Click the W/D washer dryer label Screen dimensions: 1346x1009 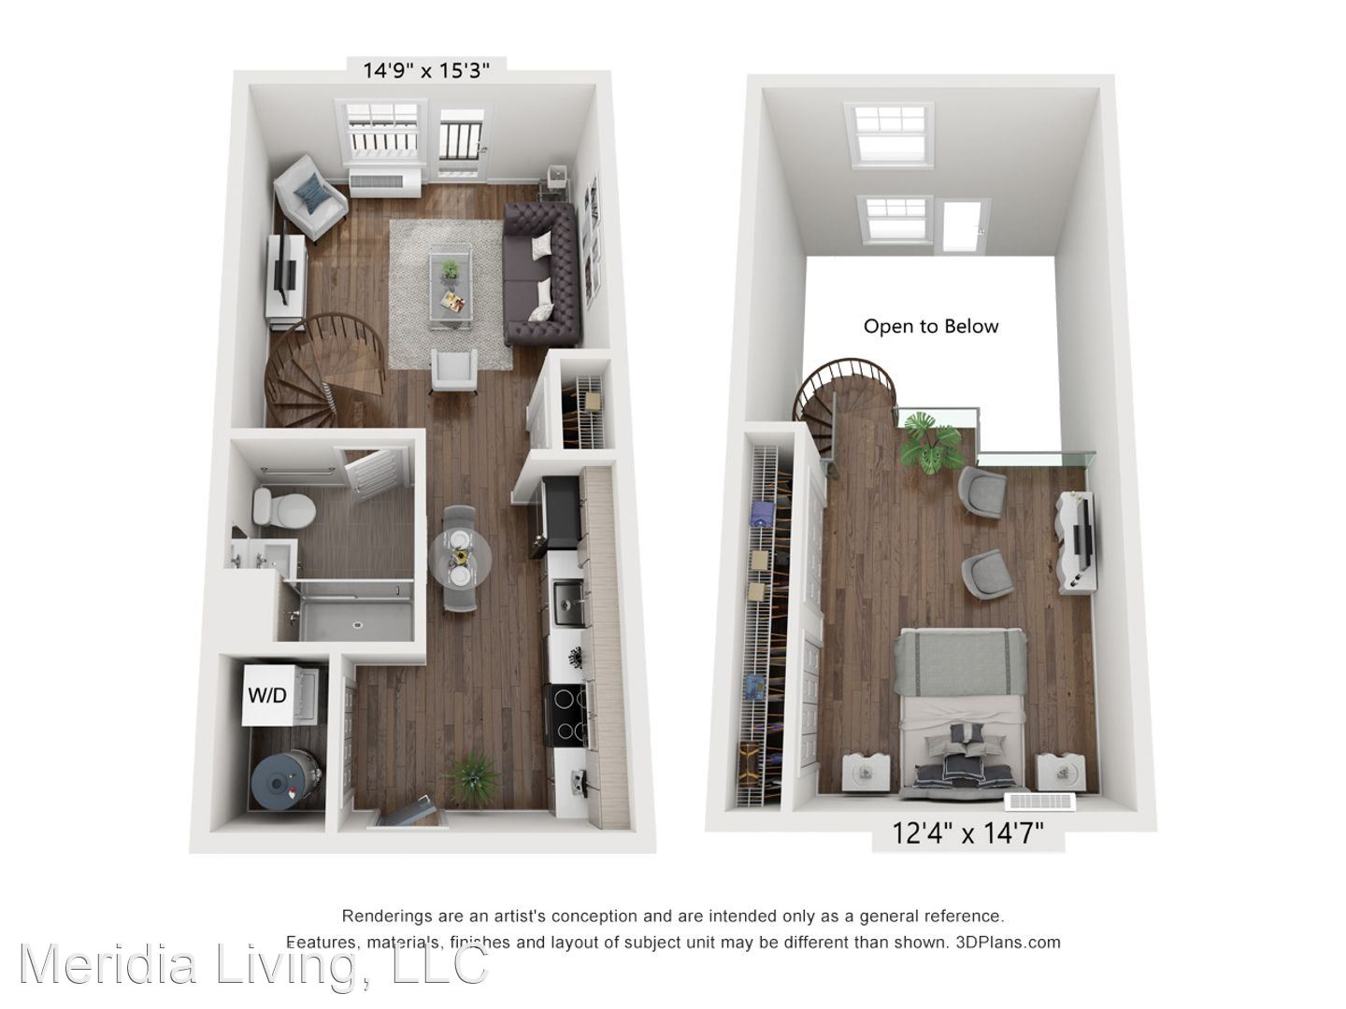coord(267,695)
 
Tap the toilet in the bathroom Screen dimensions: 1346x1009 coord(284,508)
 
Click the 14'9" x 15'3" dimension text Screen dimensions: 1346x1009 coord(426,70)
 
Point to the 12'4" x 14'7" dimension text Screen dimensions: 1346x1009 coord(967,832)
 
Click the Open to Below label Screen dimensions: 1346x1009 coord(931,326)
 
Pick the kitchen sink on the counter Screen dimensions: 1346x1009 coord(568,604)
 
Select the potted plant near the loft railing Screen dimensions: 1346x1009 coord(930,441)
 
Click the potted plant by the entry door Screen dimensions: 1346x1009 coord(472,779)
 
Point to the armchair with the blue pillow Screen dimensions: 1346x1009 coord(310,196)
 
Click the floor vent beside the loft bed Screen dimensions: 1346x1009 coord(1040,802)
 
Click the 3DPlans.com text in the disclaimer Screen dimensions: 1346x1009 coord(1008,943)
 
